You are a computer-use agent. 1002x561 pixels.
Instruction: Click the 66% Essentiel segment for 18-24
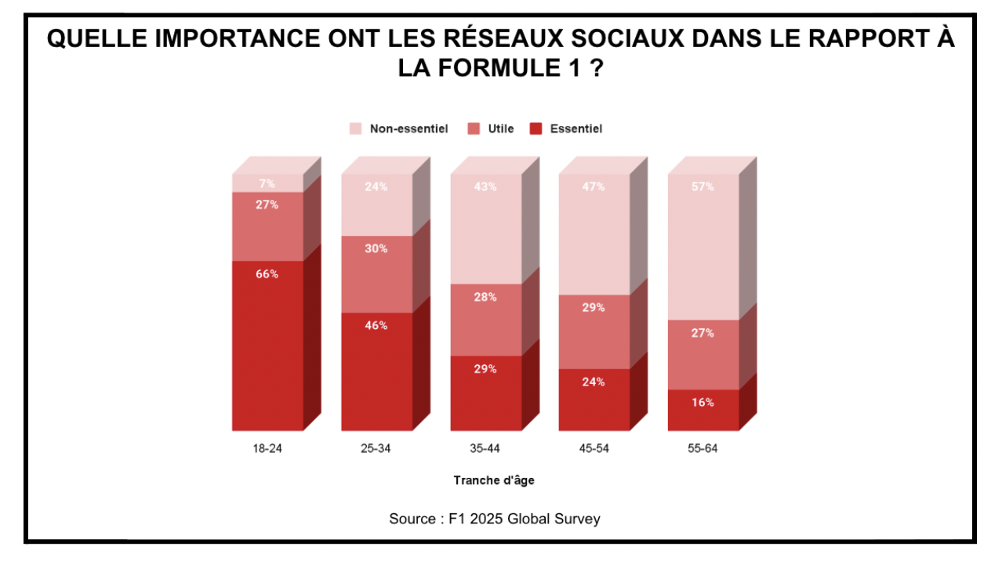pos(267,345)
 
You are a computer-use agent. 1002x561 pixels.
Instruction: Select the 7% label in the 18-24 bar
pos(267,183)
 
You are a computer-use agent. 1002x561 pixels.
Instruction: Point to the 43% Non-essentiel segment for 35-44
pos(485,228)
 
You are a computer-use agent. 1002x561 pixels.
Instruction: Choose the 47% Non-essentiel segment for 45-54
pos(594,233)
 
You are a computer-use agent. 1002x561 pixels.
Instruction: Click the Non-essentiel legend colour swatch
pos(356,128)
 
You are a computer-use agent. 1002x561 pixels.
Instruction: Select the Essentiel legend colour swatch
pos(536,128)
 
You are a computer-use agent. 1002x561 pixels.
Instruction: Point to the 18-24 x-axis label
pos(267,449)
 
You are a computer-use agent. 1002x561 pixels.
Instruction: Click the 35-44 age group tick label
pos(485,449)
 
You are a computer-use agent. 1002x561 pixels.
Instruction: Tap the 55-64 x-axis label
pos(702,449)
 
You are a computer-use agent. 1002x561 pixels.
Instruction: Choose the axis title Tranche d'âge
pos(494,480)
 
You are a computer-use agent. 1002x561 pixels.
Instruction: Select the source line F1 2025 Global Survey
pos(495,519)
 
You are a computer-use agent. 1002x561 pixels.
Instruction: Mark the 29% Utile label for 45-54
pos(594,308)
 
